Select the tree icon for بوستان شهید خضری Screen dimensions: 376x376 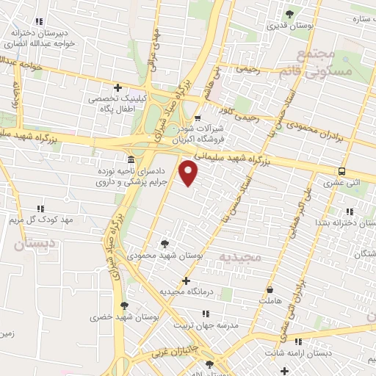pyautogui.click(x=123, y=305)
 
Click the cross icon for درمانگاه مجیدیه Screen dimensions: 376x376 pyautogui.click(x=186, y=281)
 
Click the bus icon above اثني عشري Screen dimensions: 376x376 pyautogui.click(x=342, y=170)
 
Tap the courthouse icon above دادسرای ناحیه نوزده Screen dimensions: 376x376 pyautogui.click(x=131, y=159)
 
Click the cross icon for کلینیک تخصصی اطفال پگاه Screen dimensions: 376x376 pyautogui.click(x=117, y=87)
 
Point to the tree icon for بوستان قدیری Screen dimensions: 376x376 pyautogui.click(x=289, y=14)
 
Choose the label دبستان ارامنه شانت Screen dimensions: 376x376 pyautogui.click(x=320, y=353)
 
